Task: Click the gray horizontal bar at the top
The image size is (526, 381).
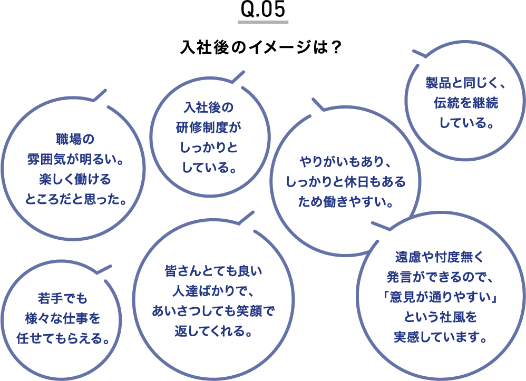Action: [x=263, y=22]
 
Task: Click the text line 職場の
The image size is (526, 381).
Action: [x=74, y=140]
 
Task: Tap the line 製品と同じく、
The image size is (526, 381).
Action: [x=465, y=84]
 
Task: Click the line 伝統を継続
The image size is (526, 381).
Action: [x=465, y=103]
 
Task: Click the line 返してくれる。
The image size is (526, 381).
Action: [x=213, y=333]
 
